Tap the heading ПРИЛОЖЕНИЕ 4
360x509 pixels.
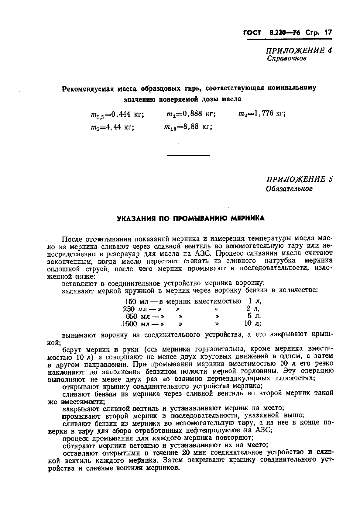point(299,50)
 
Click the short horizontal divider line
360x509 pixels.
point(189,156)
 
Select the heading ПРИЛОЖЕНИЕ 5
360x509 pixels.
point(299,179)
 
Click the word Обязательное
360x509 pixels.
point(289,189)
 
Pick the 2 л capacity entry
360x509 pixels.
point(252,309)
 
